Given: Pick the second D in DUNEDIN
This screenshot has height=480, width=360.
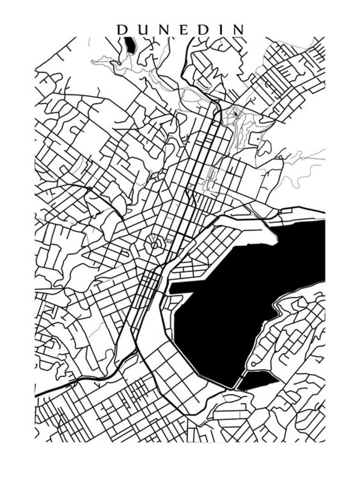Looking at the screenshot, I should click(x=205, y=30).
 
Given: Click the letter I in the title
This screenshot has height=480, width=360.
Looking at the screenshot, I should click(x=223, y=30).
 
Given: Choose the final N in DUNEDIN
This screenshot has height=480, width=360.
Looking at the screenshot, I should click(x=238, y=30).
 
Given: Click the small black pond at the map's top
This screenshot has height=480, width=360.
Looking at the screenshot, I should click(x=131, y=45).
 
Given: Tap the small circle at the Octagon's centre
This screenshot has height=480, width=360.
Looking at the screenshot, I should click(x=155, y=245).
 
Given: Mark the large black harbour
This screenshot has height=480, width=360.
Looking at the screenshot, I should click(x=245, y=295).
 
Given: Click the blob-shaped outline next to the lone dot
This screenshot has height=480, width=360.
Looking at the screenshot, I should click(x=264, y=147).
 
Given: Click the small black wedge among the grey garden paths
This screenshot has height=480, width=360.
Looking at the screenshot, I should click(x=235, y=113).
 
